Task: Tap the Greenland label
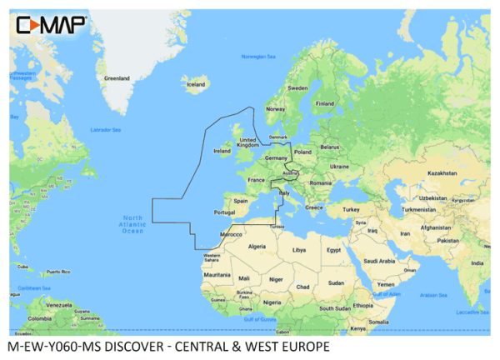click(117, 78)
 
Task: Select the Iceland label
click(196, 85)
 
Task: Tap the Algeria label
click(258, 247)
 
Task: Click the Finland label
click(325, 104)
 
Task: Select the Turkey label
click(349, 209)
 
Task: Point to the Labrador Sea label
click(106, 130)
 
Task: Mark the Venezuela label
click(59, 305)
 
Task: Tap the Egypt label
click(333, 250)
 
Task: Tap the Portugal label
click(224, 212)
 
